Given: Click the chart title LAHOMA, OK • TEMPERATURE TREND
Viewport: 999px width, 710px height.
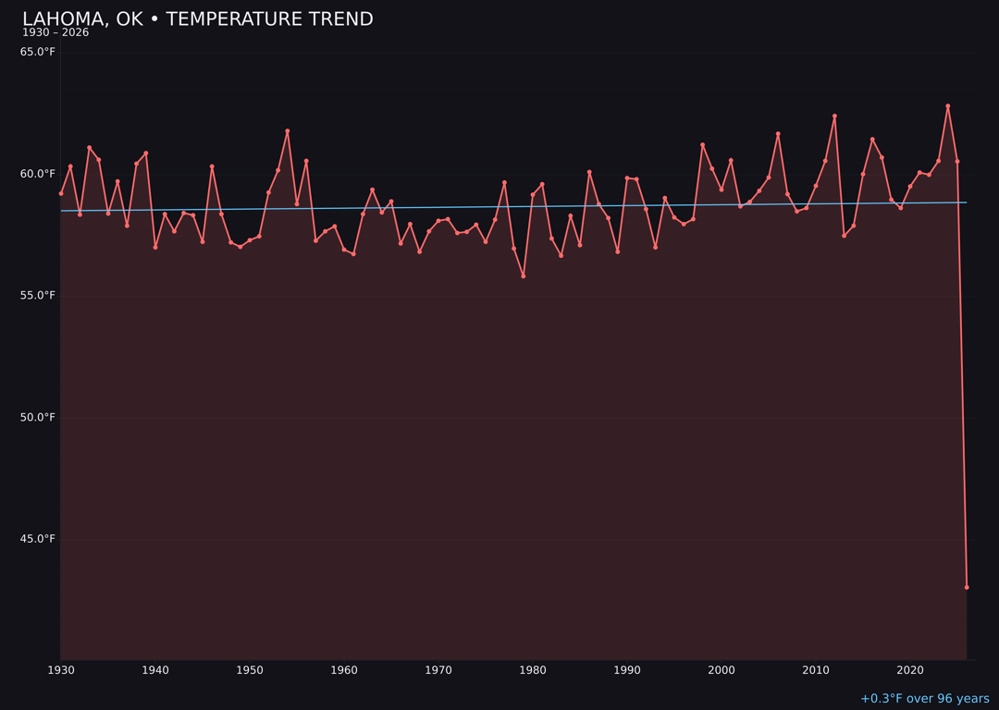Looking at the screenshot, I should pyautogui.click(x=198, y=19).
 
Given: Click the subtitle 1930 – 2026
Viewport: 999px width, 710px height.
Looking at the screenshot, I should pyautogui.click(x=55, y=33).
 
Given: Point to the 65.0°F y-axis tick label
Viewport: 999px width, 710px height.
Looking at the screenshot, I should pyautogui.click(x=38, y=52).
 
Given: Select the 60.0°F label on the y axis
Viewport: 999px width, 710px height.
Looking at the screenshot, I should pyautogui.click(x=38, y=174).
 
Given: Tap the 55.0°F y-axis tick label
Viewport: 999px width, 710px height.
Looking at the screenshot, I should pyautogui.click(x=38, y=296).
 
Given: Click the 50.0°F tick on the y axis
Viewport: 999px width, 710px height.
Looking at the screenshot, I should pyautogui.click(x=38, y=417).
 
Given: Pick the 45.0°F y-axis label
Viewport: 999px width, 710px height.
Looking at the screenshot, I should pyautogui.click(x=38, y=539).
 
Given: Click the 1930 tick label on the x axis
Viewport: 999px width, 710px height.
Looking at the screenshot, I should pyautogui.click(x=61, y=670).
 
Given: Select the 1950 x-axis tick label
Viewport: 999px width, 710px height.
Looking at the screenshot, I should pyautogui.click(x=250, y=670).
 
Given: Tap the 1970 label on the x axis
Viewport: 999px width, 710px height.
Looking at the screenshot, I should pyautogui.click(x=438, y=670).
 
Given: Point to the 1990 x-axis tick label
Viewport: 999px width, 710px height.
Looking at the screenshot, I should pyautogui.click(x=627, y=670).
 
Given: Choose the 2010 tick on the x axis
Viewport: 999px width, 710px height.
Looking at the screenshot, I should pyautogui.click(x=816, y=670).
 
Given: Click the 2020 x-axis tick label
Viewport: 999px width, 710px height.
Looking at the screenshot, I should pyautogui.click(x=910, y=670).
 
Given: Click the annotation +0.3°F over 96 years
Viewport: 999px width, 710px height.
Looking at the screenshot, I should pyautogui.click(x=924, y=699).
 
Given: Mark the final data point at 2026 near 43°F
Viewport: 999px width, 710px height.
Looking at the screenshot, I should pyautogui.click(x=967, y=587).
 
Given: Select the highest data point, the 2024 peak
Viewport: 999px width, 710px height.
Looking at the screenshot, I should pyautogui.click(x=948, y=106).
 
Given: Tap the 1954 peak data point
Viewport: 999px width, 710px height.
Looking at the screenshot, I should pyautogui.click(x=288, y=131).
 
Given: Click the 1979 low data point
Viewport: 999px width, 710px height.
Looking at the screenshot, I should pyautogui.click(x=524, y=275).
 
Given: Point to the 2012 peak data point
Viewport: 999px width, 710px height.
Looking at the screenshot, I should pyautogui.click(x=834, y=116).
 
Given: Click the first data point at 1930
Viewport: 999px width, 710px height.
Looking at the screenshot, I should pyautogui.click(x=61, y=193).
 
